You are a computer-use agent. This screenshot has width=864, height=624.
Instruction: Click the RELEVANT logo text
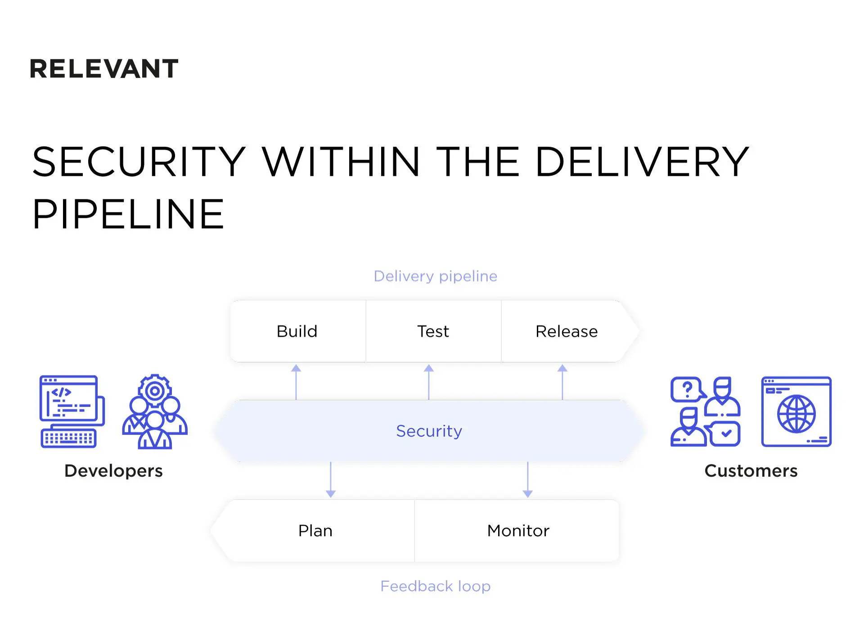[x=104, y=69]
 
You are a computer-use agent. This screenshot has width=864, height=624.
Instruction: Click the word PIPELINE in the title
[x=128, y=214]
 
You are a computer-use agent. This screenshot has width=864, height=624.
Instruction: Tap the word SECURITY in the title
[x=139, y=162]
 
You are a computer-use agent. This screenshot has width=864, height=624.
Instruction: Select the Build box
[x=297, y=331]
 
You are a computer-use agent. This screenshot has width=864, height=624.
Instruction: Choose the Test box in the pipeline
[x=433, y=331]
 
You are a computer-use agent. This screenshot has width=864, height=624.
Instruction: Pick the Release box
[x=566, y=331]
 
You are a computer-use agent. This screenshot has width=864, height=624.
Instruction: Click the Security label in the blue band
[x=429, y=431]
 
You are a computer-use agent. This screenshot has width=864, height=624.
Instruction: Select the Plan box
[x=315, y=531]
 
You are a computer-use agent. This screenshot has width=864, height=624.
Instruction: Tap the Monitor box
[x=518, y=531]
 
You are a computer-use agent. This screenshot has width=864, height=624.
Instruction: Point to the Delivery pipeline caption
[x=435, y=276]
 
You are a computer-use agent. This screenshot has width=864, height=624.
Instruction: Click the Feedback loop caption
[x=435, y=586]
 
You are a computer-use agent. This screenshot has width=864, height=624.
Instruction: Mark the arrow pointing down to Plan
[x=330, y=480]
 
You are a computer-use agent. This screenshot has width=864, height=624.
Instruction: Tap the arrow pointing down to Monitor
[x=527, y=480]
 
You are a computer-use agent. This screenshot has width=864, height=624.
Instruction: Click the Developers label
[x=113, y=471]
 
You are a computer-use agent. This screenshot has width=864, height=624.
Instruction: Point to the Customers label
[x=751, y=471]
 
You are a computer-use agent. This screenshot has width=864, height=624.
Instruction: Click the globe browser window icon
[x=796, y=412]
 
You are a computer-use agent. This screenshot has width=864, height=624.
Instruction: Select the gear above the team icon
[x=154, y=390]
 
